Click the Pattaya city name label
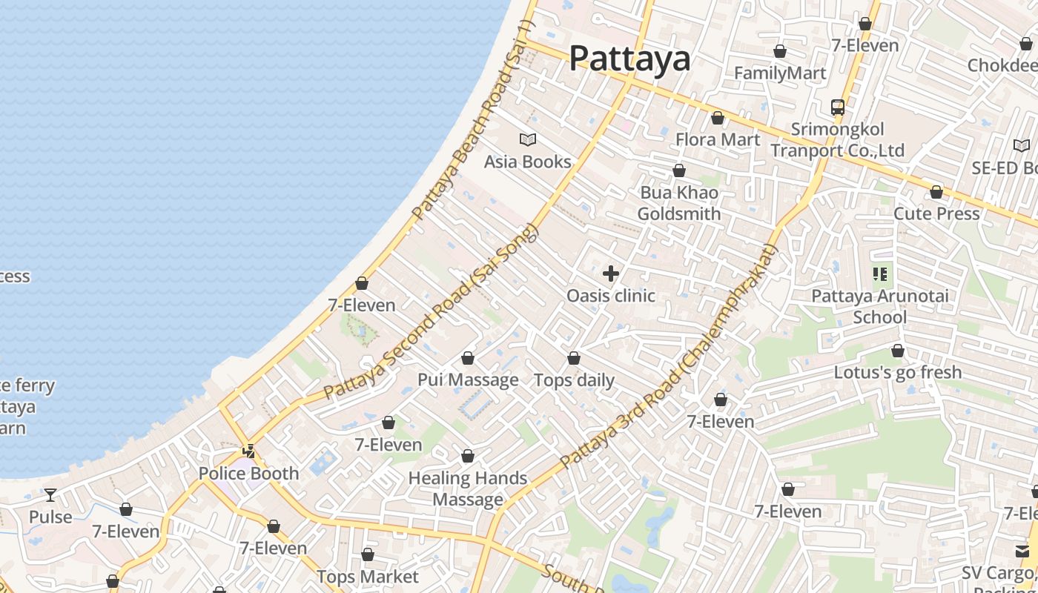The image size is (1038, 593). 629,59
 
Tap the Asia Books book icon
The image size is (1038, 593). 528,139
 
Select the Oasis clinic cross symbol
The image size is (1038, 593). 611,274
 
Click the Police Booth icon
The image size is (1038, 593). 249,451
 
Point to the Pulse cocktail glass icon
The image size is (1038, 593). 50,494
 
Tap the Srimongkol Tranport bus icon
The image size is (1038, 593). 838,107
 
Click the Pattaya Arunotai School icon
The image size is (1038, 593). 880,274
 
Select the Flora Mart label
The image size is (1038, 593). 718,139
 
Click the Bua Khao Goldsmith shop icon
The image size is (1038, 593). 679,171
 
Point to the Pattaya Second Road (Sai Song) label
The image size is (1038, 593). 430,311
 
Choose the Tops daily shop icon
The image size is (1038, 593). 574,359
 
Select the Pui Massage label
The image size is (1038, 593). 468,380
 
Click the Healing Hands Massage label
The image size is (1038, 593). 468,488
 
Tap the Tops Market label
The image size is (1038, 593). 368,577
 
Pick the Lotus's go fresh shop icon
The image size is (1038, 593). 898,351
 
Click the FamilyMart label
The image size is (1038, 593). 779,73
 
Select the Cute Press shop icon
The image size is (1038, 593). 936,193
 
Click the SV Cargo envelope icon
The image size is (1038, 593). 1022,551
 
